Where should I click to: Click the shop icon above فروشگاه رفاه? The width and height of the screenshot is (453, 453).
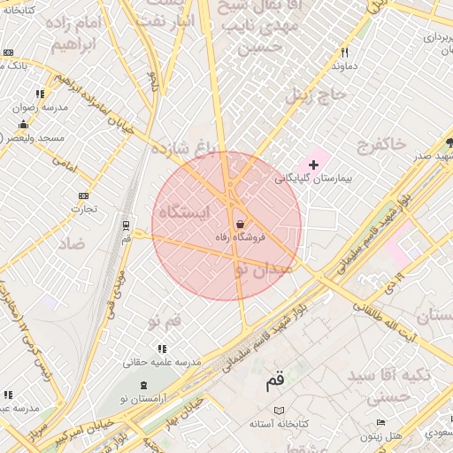click(x=241, y=225)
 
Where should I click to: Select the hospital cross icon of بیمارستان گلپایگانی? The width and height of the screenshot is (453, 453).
click(x=313, y=165)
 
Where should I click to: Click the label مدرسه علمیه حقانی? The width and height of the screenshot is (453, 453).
click(x=163, y=362)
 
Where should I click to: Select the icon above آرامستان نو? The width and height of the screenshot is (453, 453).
click(x=144, y=386)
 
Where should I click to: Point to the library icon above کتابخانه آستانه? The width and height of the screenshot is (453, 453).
click(x=280, y=411)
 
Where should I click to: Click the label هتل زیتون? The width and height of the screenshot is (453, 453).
click(x=382, y=436)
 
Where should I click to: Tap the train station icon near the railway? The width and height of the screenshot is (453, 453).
click(x=126, y=225)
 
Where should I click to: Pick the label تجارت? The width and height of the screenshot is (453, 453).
click(x=84, y=209)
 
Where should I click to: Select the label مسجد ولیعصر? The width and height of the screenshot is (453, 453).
click(x=34, y=138)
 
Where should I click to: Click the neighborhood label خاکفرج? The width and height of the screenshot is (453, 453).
click(x=381, y=142)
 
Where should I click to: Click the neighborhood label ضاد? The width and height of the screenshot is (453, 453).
click(x=73, y=242)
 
